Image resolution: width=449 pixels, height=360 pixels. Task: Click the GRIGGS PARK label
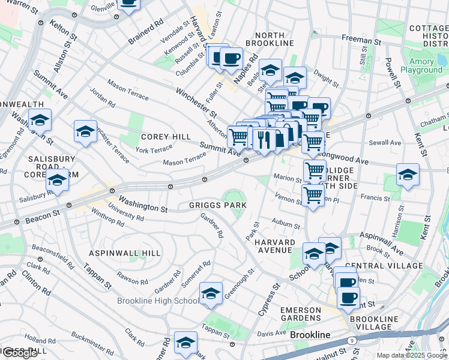[x=217, y=205]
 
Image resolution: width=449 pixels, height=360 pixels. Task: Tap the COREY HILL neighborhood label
[x=166, y=137]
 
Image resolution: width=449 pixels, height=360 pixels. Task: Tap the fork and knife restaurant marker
[x=264, y=139]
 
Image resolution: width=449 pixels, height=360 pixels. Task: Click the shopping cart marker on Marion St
[x=315, y=170]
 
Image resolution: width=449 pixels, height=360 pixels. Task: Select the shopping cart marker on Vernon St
[x=313, y=195]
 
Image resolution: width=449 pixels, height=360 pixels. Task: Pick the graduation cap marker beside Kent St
[x=408, y=174]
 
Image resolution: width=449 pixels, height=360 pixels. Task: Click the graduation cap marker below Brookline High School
[x=185, y=343]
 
